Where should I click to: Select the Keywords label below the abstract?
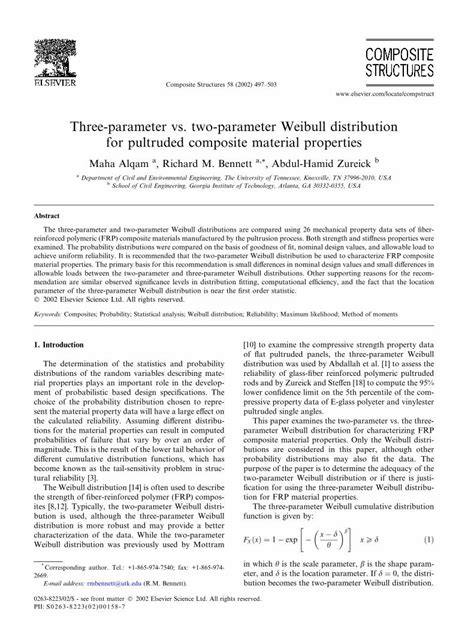[x=51, y=313]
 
